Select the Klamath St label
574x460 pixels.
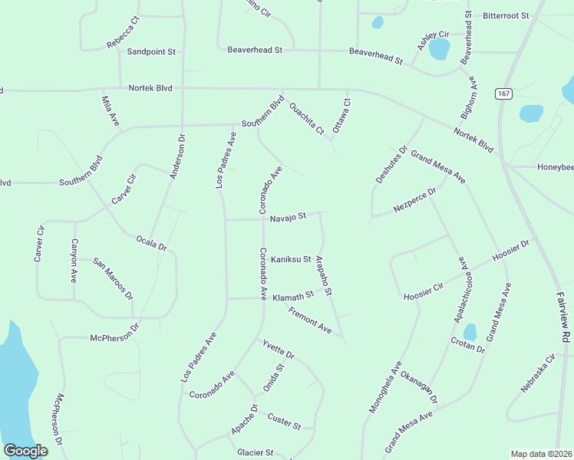pyautogui.click(x=293, y=294)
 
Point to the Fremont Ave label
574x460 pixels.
pyautogui.click(x=309, y=320)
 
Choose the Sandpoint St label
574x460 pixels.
pyautogui.click(x=151, y=51)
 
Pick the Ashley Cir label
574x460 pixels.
pyautogui.click(x=433, y=41)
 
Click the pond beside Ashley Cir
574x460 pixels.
pyautogui.click(x=439, y=50)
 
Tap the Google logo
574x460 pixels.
pyautogui.click(x=25, y=451)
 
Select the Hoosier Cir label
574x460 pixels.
pyautogui.click(x=423, y=291)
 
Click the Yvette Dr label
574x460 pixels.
pyautogui.click(x=279, y=349)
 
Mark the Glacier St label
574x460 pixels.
pyautogui.click(x=256, y=452)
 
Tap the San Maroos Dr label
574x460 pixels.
pyautogui.click(x=114, y=278)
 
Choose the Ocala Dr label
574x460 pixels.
pyautogui.click(x=151, y=243)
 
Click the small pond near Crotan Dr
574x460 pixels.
pyautogui.click(x=470, y=332)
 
